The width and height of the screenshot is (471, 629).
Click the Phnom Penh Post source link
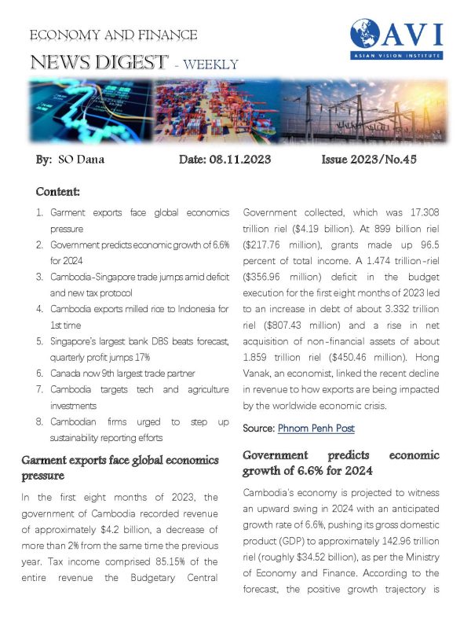[316, 429]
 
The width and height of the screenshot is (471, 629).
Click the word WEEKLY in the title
[210, 64]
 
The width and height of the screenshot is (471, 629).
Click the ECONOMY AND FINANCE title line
[113, 35]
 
